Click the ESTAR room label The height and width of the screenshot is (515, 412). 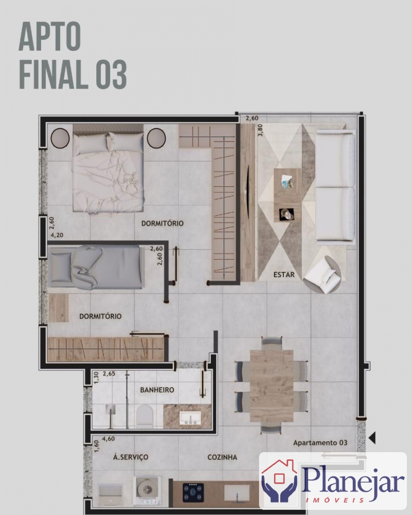284,274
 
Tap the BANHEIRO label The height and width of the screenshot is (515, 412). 157,390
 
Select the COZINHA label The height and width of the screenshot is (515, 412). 222,457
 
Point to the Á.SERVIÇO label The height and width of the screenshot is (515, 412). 130,457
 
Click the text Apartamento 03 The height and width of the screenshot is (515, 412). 320,443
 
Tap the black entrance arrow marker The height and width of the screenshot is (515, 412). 372,437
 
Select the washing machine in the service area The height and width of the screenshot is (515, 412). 147,490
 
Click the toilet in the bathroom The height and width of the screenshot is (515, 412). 145,417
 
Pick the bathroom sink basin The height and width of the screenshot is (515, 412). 190,418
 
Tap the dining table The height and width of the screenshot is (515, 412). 271,386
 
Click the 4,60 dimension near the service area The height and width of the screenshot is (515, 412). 108,439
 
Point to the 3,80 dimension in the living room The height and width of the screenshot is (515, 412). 260,130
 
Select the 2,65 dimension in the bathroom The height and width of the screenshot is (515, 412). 109,374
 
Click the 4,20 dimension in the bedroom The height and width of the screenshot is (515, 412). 57,235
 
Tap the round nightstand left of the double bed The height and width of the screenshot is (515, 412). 60,138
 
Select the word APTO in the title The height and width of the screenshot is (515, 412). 49,36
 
